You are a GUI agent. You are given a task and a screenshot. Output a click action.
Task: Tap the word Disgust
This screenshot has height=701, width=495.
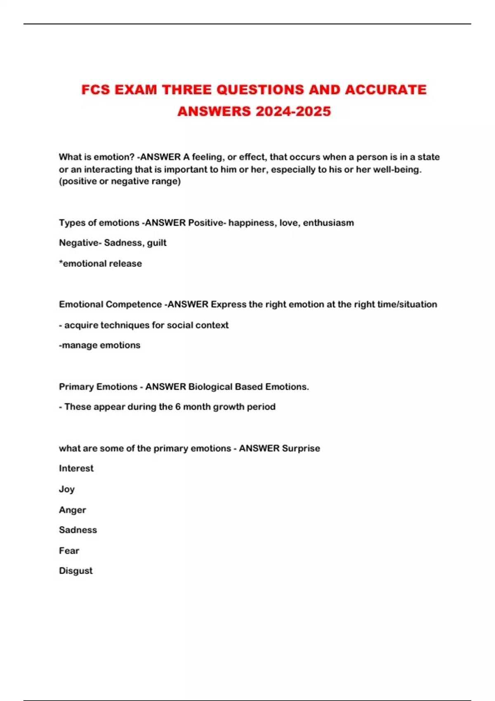(76, 571)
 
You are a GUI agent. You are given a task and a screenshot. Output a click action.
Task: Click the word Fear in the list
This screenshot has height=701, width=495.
(69, 550)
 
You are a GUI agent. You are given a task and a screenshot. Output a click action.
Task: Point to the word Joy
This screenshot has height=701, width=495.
(67, 489)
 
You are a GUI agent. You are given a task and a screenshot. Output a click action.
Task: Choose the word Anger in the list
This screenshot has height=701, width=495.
(73, 510)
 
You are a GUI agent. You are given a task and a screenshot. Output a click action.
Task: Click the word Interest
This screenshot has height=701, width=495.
(76, 468)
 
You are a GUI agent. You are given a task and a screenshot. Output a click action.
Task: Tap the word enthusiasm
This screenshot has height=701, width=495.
(328, 223)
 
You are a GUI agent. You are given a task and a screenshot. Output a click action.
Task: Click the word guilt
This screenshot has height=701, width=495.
(157, 243)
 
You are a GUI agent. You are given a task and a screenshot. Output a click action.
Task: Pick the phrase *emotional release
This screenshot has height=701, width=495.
(101, 263)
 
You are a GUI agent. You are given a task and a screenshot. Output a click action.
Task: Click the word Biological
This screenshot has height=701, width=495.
(210, 387)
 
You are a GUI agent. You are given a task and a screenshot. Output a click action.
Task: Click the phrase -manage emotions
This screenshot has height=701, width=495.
(100, 345)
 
